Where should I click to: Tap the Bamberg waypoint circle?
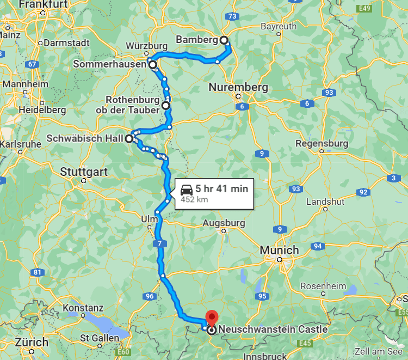[x=224, y=40]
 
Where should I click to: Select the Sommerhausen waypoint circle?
[x=153, y=64]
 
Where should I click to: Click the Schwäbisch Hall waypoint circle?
[x=129, y=138]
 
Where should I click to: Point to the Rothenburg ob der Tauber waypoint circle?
[x=165, y=105]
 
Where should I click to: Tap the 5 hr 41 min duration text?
[x=222, y=189]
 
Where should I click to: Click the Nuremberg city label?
[x=238, y=87]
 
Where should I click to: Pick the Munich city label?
[x=280, y=250]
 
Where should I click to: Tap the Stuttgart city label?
[x=84, y=172]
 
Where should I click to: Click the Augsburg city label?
[x=224, y=223]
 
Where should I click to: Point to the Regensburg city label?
[x=322, y=143]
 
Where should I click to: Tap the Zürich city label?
[x=32, y=343]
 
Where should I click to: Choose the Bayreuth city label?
[x=279, y=26]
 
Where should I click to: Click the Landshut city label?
[x=326, y=201]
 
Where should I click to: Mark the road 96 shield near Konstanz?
[x=150, y=296]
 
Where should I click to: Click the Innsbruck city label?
[x=265, y=356]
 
